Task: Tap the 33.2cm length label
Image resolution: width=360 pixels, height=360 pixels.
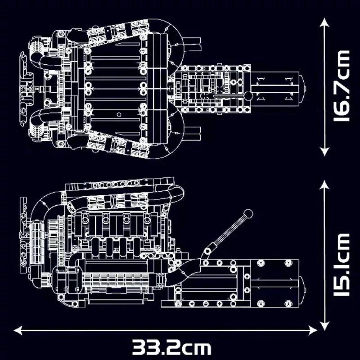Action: click(x=171, y=348)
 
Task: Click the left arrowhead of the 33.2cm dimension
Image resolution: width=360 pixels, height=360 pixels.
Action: click(x=18, y=331)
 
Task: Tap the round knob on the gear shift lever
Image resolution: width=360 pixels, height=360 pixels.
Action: click(x=247, y=214)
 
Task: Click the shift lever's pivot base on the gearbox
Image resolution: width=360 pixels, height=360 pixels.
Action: click(x=207, y=250)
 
